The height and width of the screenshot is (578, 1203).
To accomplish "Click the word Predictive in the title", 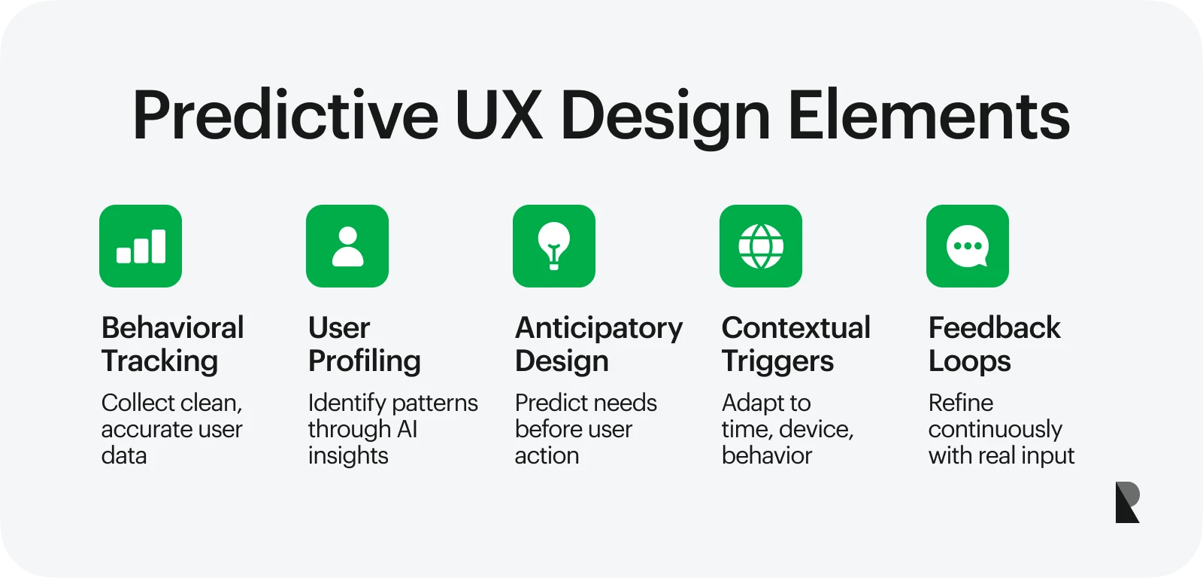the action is [286, 115].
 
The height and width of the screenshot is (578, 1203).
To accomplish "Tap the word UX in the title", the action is [499, 115].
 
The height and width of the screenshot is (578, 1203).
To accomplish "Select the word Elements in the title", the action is [929, 115].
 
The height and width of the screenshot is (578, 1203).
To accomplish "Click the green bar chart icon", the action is [141, 245].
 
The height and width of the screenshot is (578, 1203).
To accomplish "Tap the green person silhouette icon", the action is [347, 245].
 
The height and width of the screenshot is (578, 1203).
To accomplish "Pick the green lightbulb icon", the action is [554, 245].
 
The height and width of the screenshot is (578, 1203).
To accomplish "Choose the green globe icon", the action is [761, 245].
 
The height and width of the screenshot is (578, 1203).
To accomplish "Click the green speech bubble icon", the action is [968, 245].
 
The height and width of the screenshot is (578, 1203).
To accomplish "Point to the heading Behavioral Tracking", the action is [172, 345].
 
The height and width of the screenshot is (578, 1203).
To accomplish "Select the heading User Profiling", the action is [364, 345].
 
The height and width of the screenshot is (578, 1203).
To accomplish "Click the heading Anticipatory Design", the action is [598, 345].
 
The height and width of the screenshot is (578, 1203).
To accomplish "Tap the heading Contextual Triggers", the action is [796, 345].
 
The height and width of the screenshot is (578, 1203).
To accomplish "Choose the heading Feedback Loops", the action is [995, 345].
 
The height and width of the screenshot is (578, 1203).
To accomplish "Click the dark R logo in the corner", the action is [1127, 502].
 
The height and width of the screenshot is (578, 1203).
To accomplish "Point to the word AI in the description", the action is [407, 429].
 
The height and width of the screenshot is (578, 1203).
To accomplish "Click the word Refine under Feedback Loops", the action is [961, 403].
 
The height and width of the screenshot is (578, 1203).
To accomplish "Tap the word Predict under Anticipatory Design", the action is [550, 403].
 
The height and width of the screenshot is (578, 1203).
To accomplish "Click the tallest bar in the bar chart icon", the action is [159, 246].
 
